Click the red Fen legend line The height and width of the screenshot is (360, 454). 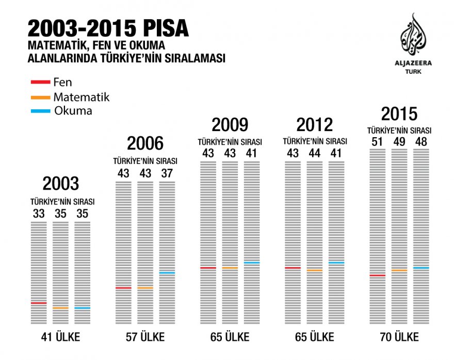coord(41,82)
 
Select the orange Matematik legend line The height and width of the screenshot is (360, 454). coord(41,97)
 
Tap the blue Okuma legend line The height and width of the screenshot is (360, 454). coord(41,111)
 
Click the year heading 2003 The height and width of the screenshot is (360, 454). coord(61,184)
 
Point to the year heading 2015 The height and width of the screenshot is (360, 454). coord(399,114)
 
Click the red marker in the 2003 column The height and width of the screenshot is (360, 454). coord(39,303)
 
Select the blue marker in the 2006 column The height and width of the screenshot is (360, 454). coord(167,273)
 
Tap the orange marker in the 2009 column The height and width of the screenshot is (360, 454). coord(230,268)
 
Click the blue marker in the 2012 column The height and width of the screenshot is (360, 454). coord(336,263)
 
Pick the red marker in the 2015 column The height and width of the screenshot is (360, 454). coord(378,275)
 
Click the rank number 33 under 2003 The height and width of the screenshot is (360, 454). coord(39,213)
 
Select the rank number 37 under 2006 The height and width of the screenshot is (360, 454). coord(167,173)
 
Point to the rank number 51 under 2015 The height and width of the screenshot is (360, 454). coord(378,141)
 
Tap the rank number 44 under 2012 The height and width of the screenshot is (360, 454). coord(314,154)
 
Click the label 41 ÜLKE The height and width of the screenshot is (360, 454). coord(61,338)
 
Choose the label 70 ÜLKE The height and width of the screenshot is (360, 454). coord(399,338)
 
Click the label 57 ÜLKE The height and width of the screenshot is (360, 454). coord(145,338)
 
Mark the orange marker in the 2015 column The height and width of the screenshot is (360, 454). coord(399,270)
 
